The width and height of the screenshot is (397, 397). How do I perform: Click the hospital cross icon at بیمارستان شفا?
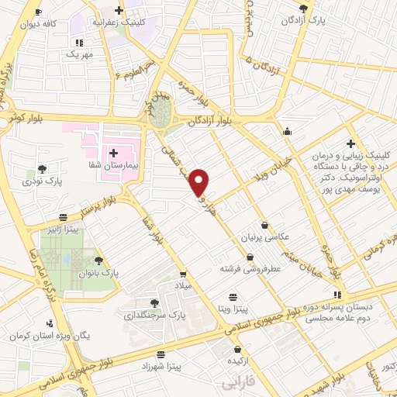(x=114, y=154)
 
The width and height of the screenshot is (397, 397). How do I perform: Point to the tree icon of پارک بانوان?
(x=98, y=261)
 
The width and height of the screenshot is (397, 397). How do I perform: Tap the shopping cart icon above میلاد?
(x=182, y=273)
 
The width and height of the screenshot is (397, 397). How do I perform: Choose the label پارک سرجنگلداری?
(x=156, y=316)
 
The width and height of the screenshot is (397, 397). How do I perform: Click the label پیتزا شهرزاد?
(x=176, y=364)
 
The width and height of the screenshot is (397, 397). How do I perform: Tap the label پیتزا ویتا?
(x=233, y=309)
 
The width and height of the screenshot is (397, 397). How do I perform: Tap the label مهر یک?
(x=78, y=55)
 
